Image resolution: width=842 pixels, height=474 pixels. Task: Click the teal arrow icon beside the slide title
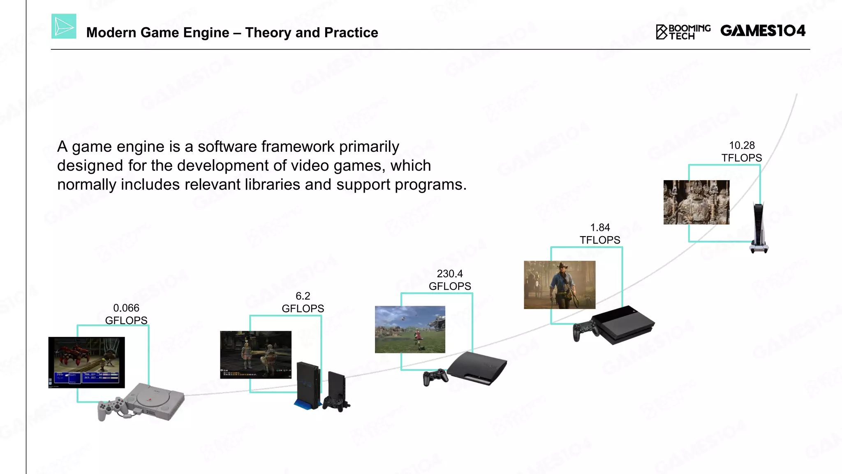coord(64,26)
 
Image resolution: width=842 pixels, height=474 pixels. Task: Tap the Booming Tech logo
coord(683,32)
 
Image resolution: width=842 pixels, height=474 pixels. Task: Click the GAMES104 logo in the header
coord(763,31)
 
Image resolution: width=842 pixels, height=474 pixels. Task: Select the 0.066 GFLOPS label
coord(126,314)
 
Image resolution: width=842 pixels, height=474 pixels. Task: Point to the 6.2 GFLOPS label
coord(303,302)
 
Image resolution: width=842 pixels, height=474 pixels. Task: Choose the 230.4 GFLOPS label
coord(450,280)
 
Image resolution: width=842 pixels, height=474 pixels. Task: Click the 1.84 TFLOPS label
coord(600,234)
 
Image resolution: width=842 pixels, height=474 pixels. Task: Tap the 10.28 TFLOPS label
coord(742,151)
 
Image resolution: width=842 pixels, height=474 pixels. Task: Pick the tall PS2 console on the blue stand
coord(308,385)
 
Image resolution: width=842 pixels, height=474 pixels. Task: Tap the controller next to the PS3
coord(435,376)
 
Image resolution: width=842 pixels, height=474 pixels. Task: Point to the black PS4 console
coord(624,324)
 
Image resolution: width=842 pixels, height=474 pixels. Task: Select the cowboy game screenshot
coord(560,285)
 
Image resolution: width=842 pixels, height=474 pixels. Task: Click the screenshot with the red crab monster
coord(86,362)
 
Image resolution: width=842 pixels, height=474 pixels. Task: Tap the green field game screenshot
coord(410,329)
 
